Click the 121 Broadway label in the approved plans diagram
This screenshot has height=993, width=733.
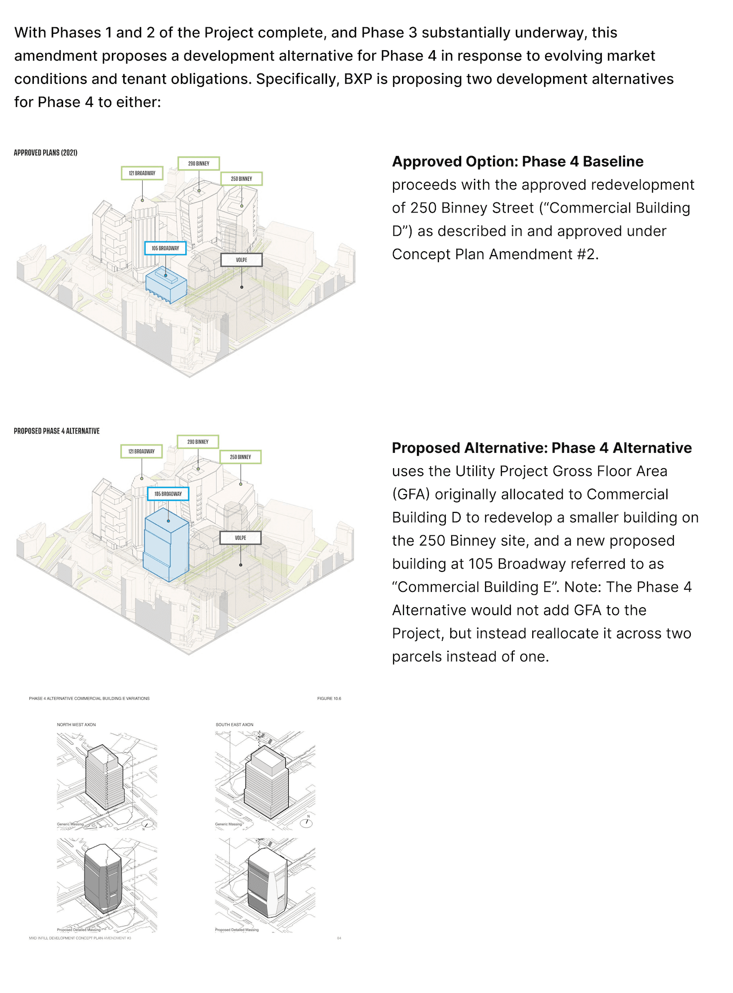click(x=142, y=173)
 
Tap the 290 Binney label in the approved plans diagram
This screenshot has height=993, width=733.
click(x=199, y=163)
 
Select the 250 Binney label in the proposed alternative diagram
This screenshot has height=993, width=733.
click(x=241, y=457)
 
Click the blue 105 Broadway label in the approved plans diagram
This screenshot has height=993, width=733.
click(x=165, y=248)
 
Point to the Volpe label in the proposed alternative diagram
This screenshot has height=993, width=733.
click(x=241, y=538)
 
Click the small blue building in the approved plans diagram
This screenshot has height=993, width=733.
click(x=166, y=285)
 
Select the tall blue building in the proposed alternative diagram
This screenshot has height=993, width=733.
click(x=166, y=546)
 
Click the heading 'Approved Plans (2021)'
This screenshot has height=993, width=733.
click(x=45, y=153)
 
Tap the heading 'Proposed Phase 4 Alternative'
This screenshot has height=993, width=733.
click(x=57, y=431)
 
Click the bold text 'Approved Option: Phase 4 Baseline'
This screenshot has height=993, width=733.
click(x=517, y=162)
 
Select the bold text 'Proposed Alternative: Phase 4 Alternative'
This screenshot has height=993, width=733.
click(x=541, y=448)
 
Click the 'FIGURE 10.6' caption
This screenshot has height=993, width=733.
click(x=329, y=699)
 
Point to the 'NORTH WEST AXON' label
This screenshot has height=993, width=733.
click(x=76, y=725)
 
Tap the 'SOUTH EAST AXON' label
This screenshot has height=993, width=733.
click(x=234, y=725)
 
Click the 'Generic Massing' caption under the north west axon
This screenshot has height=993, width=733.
click(x=70, y=824)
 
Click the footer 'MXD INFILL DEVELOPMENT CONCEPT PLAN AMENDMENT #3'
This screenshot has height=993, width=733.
click(x=80, y=938)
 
